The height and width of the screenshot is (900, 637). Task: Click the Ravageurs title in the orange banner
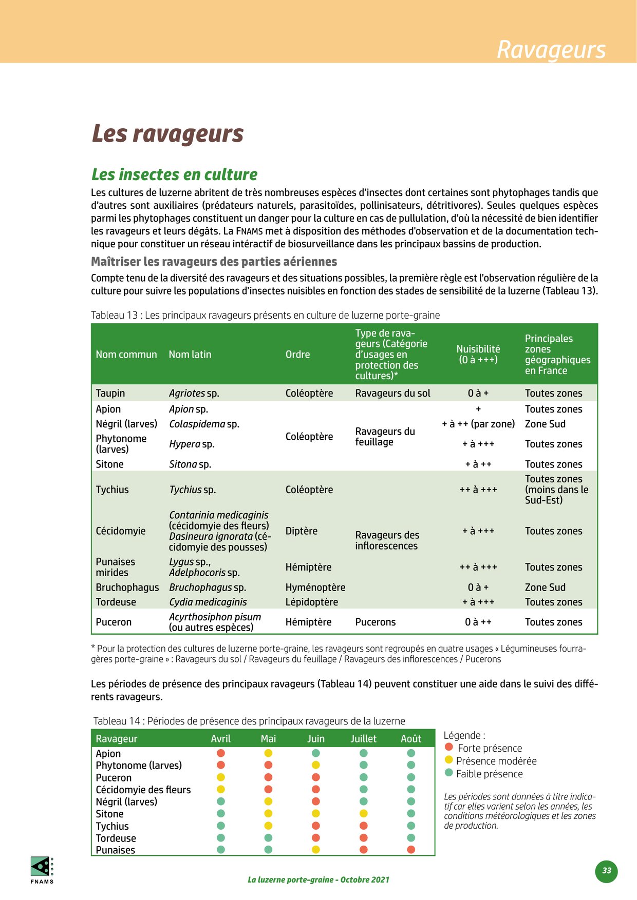pos(551,50)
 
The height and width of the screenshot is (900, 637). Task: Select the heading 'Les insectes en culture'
pos(174,174)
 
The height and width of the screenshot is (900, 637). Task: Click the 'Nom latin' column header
pos(190,355)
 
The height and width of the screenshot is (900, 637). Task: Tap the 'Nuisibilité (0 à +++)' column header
pos(478,355)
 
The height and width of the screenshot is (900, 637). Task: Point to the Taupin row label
pos(110,394)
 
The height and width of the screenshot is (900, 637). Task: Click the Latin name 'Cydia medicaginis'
pos(208,602)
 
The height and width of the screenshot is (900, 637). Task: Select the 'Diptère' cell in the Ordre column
pos(302,531)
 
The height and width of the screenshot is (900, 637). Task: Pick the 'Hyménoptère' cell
pos(315,588)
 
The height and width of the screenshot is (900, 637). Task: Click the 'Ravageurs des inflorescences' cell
pos(387,541)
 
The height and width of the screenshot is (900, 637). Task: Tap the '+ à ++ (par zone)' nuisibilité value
pos(478,424)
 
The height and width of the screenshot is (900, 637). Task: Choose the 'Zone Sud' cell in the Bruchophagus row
pos(545,588)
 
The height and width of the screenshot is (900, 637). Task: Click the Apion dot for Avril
pos(221,753)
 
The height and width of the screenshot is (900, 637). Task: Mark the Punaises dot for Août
pos(411,850)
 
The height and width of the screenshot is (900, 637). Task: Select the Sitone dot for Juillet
pos(364,813)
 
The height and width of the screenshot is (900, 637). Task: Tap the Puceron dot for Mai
pos(268,777)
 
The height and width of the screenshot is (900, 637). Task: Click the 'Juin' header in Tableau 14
pos(316,739)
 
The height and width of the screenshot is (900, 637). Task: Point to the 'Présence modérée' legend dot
pos(449,760)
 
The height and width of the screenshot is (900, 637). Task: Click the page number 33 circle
pos(607,871)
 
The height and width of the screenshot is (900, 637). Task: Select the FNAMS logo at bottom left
pos(42,869)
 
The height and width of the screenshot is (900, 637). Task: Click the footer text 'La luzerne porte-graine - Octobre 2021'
pos(318,880)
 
